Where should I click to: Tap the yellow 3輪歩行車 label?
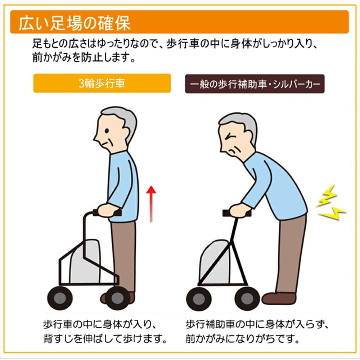pos(102,84)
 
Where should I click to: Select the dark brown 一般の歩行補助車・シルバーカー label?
pos(255,84)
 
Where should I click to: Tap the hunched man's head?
pos(238,135)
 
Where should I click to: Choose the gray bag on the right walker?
pos(215,261)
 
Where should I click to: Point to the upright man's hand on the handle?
pos(107,210)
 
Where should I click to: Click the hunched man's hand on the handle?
pos(239,211)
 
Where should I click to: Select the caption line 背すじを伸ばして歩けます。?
pos(104,339)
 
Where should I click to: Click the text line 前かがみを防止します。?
pos(84,58)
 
